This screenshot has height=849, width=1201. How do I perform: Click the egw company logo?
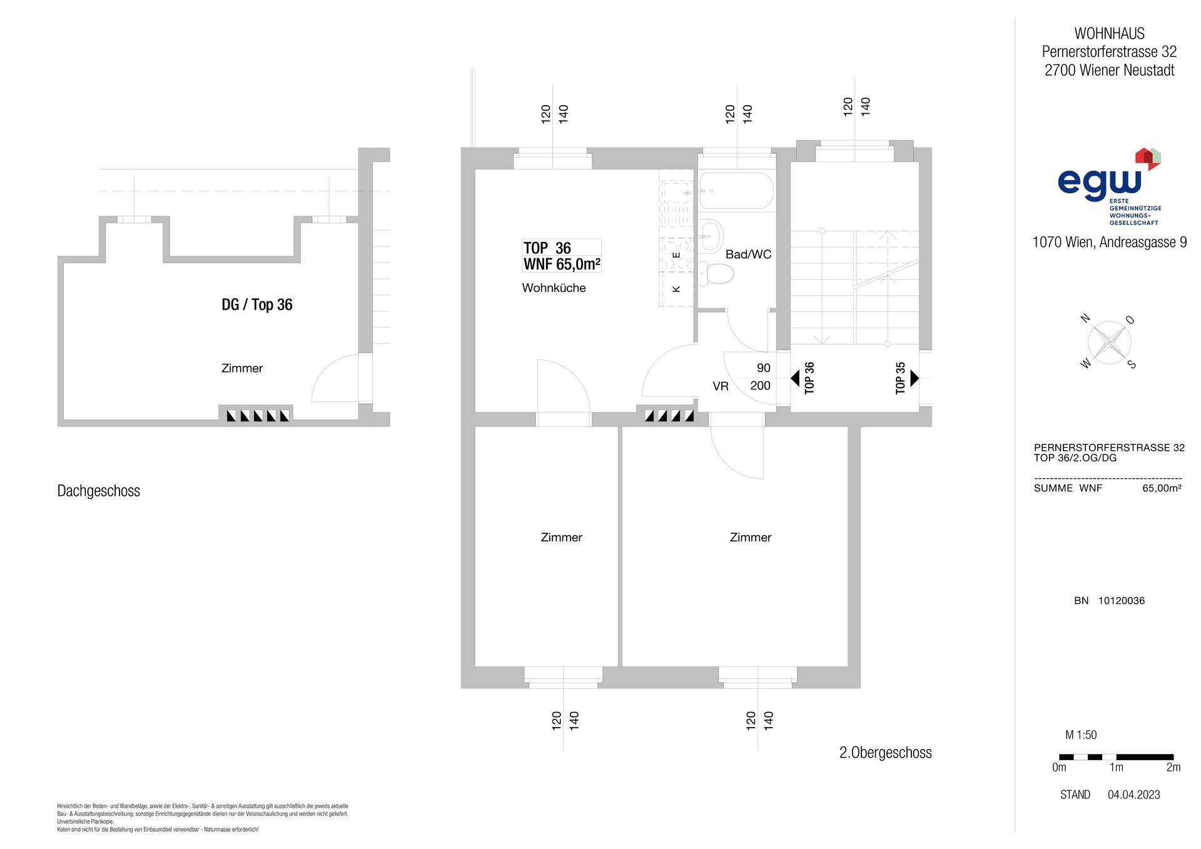[x=1109, y=186]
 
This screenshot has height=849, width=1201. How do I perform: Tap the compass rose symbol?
[x=1109, y=342]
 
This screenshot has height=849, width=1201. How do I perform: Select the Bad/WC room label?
[x=748, y=254]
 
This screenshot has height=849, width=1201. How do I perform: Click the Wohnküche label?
[x=554, y=288]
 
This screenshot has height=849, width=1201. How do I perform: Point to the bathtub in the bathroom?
[x=736, y=191]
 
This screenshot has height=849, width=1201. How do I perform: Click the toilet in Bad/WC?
[x=716, y=274]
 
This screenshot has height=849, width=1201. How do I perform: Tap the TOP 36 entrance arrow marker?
[x=795, y=378]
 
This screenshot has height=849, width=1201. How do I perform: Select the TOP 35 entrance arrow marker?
[x=915, y=378]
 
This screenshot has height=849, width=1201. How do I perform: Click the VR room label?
[x=721, y=386]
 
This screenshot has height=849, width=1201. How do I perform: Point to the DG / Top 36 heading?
[x=257, y=304]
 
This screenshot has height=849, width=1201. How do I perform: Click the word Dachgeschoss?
[x=99, y=491]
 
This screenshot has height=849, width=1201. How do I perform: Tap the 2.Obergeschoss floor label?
[x=885, y=753]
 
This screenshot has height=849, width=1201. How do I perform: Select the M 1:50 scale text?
[x=1081, y=735]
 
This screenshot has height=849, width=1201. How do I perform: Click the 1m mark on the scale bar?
[x=1116, y=767]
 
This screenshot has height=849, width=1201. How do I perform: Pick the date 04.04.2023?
[x=1133, y=795]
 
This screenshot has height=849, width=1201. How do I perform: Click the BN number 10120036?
[x=1122, y=601]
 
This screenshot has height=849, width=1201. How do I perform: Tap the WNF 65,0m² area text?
[x=561, y=264]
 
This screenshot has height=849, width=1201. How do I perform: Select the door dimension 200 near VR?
[x=760, y=386]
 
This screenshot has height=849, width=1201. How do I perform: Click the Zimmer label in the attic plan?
[x=242, y=368]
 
